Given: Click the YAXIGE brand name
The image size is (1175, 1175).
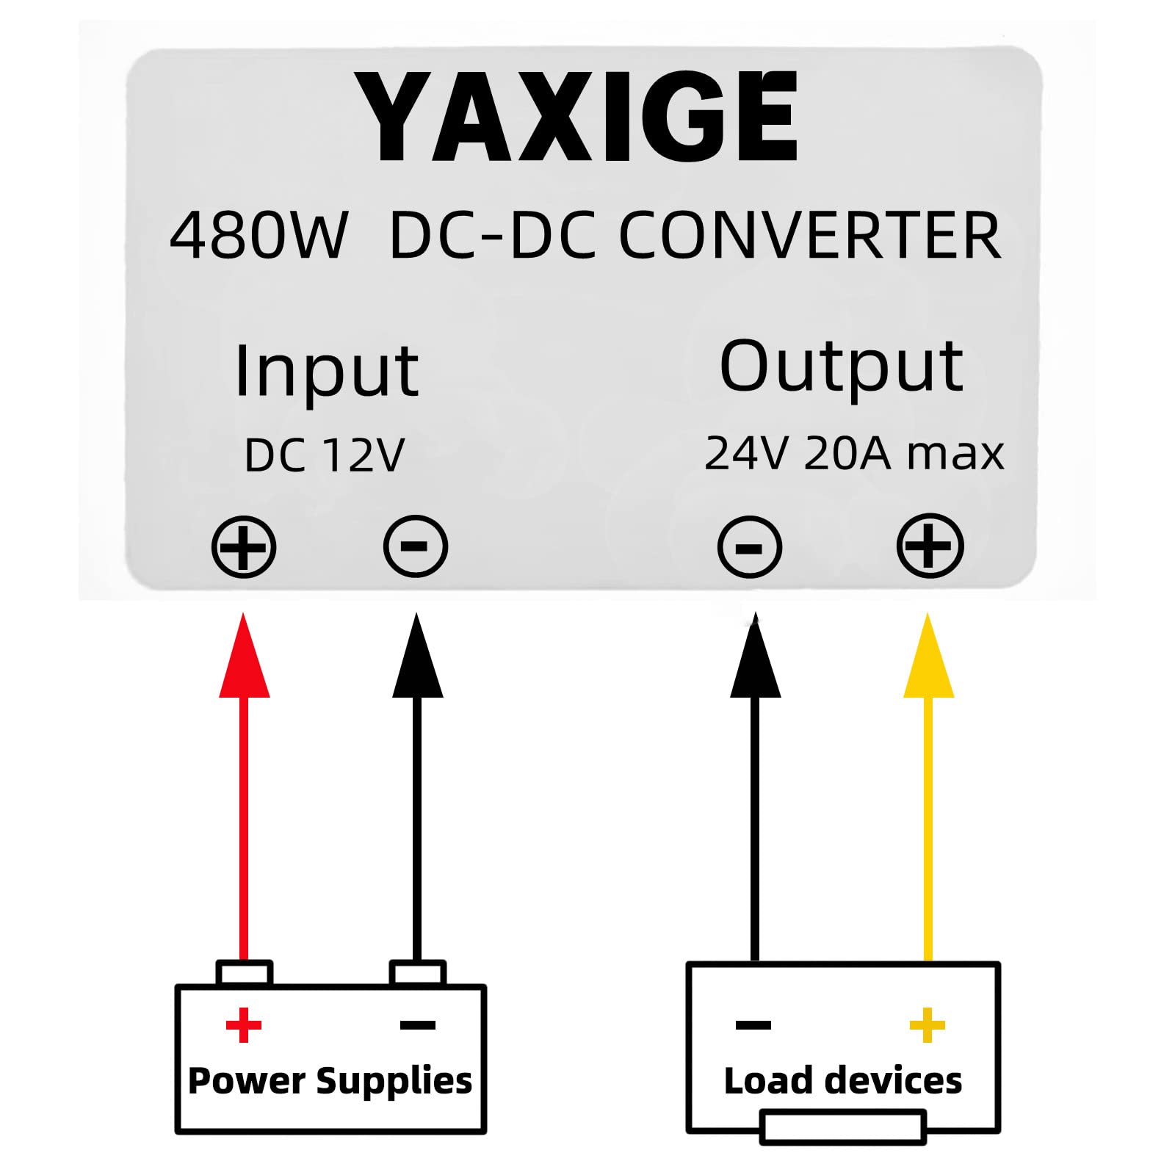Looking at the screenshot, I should [576, 117].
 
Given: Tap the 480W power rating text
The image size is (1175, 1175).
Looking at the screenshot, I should [258, 235].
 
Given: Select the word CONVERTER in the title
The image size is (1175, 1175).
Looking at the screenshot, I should [810, 235].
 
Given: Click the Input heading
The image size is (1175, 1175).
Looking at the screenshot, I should [326, 372].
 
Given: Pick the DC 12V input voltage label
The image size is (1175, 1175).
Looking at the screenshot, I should [324, 455].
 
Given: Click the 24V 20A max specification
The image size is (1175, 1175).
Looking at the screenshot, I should [853, 453].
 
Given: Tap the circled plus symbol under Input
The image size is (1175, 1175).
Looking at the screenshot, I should [244, 547].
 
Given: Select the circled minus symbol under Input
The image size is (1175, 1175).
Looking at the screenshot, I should [416, 546].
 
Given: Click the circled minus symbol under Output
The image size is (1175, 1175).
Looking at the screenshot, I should [750, 547].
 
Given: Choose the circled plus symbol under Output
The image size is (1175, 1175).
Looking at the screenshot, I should [930, 546].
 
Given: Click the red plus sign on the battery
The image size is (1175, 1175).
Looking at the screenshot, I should [244, 1025].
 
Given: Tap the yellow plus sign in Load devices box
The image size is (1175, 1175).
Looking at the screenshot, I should [927, 1025].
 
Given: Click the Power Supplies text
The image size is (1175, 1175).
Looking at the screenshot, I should [330, 1081].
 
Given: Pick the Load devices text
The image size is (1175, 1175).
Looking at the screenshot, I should [842, 1081].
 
